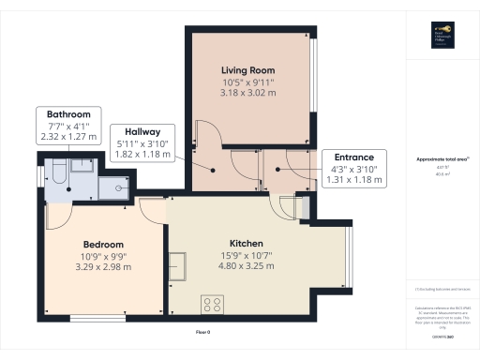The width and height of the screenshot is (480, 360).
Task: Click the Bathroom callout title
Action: point(62,113)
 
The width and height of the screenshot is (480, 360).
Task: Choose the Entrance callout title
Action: point(348,157)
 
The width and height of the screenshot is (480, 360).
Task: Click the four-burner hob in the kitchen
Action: point(211,304)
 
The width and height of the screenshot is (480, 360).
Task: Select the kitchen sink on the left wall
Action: point(177,265)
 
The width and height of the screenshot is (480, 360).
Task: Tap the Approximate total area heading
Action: point(441,159)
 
